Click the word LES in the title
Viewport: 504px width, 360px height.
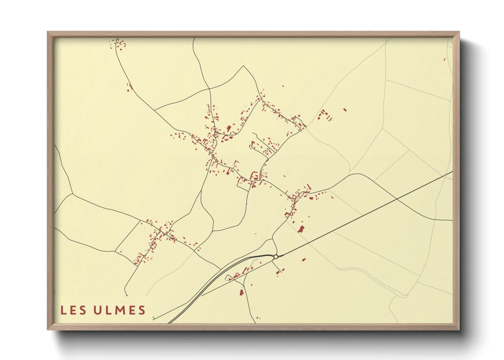pyautogui.click(x=73, y=310)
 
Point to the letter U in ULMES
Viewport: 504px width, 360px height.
pyautogui.click(x=98, y=310)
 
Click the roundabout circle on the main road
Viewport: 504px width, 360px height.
pyautogui.click(x=276, y=257)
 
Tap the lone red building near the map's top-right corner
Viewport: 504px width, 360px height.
pyautogui.click(x=444, y=60)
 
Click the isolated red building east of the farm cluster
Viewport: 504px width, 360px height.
pyautogui.click(x=345, y=110)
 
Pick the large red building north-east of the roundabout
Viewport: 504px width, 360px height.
pyautogui.click(x=301, y=229)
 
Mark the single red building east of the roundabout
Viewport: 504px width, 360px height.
pyautogui.click(x=304, y=260)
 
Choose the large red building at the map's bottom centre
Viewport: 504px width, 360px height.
pyautogui.click(x=242, y=292)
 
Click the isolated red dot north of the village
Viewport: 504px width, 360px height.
pyautogui.click(x=283, y=86)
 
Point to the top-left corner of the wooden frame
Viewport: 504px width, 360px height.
pyautogui.click(x=48, y=32)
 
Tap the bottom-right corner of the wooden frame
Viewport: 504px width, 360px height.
pyautogui.click(x=459, y=329)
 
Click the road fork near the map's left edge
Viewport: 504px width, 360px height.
pyautogui.click(x=73, y=194)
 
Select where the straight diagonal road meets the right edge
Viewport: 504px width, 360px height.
pyautogui.click(x=452, y=171)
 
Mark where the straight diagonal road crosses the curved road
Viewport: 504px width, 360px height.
pyautogui.click(x=397, y=198)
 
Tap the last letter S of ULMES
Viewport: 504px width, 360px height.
pyautogui.click(x=142, y=310)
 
